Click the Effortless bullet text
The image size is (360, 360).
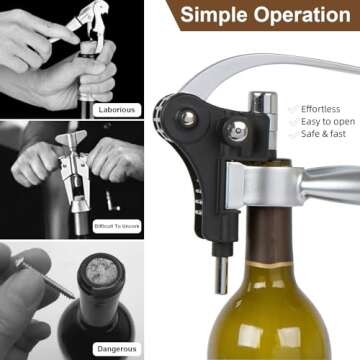[321, 109]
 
